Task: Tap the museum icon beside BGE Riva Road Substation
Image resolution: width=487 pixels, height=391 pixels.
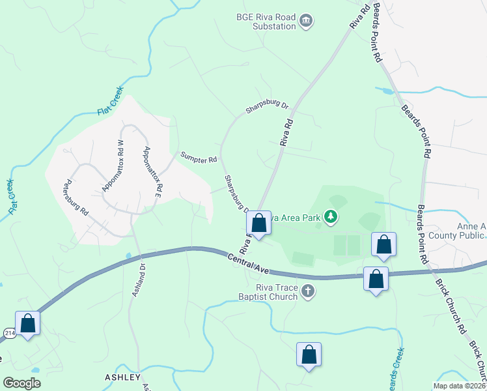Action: pyautogui.click(x=305, y=22)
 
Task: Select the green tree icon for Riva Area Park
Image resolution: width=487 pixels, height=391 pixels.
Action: pyautogui.click(x=331, y=216)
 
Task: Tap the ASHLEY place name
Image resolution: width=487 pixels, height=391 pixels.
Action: pyautogui.click(x=122, y=377)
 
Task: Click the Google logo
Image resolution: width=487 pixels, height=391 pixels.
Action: pyautogui.click(x=21, y=383)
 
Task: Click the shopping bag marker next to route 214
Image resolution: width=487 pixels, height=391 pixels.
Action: pyautogui.click(x=28, y=323)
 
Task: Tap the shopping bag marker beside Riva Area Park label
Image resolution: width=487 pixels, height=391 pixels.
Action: pyautogui.click(x=258, y=224)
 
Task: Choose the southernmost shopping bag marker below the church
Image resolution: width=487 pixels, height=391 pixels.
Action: pyautogui.click(x=309, y=355)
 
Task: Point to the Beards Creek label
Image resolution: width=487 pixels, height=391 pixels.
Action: pyautogui.click(x=395, y=369)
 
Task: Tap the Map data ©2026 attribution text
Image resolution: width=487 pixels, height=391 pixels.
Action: pyautogui.click(x=458, y=385)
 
